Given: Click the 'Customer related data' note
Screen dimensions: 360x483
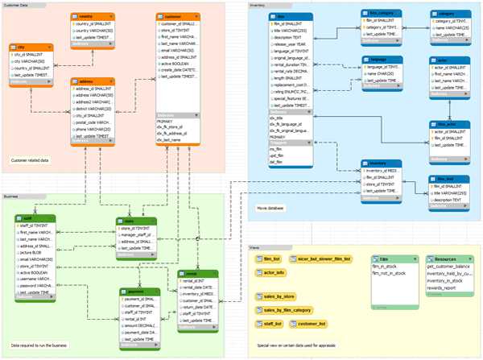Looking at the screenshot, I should (30, 160).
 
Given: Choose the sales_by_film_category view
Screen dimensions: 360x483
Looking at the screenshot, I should (287, 309).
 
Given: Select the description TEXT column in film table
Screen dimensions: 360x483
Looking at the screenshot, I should (287, 36).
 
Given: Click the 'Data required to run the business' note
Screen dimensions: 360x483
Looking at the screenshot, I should (39, 345).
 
